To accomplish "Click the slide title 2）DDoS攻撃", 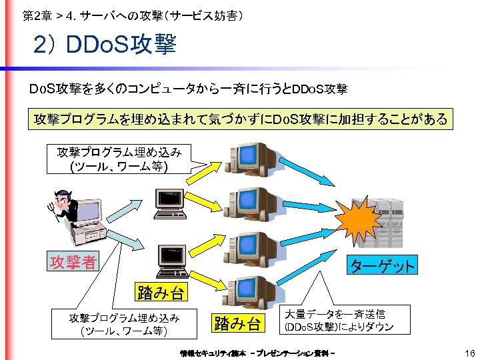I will tap(105, 45).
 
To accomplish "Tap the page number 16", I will tap(469, 353).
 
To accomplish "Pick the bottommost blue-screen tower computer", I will tap(252, 291).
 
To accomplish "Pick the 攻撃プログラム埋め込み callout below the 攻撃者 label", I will tap(123, 324).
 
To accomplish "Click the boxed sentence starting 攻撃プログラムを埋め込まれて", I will tap(240, 119).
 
